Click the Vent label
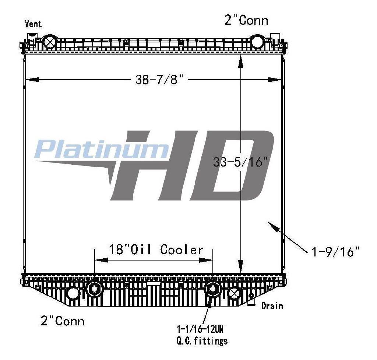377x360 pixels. [33, 24]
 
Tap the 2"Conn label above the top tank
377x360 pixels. [246, 20]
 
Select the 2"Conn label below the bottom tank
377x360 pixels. [63, 321]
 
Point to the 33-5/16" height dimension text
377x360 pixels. [240, 162]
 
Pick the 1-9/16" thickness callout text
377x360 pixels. [335, 252]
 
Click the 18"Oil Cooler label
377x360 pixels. [156, 249]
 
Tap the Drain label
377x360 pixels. [272, 306]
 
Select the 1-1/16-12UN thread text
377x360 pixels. [200, 329]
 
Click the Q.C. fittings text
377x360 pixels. [202, 341]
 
